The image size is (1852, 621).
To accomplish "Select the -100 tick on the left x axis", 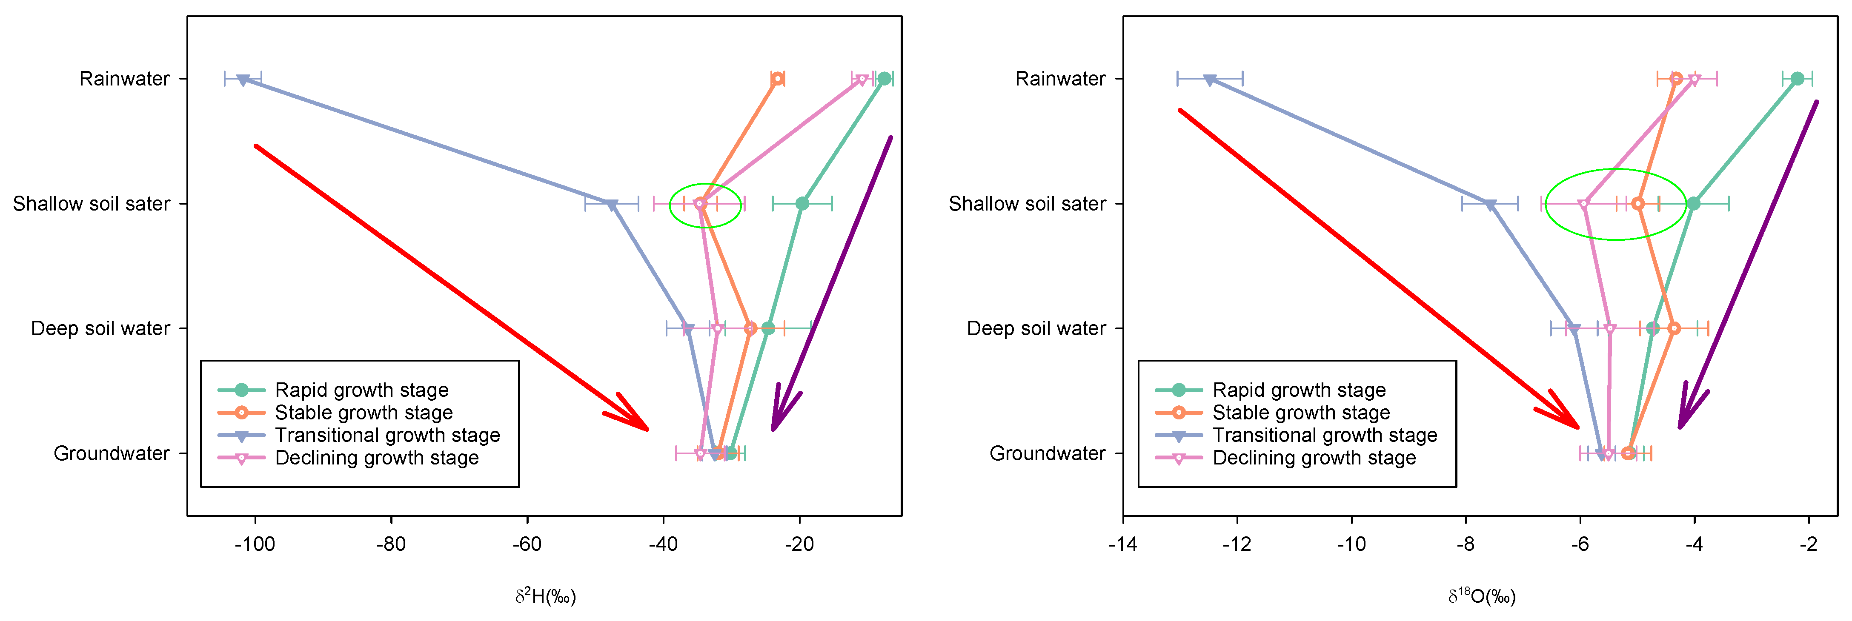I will (255, 544).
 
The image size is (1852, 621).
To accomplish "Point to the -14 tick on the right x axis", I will (1122, 544).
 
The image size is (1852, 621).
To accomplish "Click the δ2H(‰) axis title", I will (545, 596).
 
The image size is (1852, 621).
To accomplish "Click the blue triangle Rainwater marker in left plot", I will (243, 80).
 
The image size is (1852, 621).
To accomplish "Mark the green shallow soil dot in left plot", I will (802, 204).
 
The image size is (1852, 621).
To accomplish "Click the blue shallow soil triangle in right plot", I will (1490, 205).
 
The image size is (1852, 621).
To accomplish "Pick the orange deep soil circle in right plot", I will (1674, 328).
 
